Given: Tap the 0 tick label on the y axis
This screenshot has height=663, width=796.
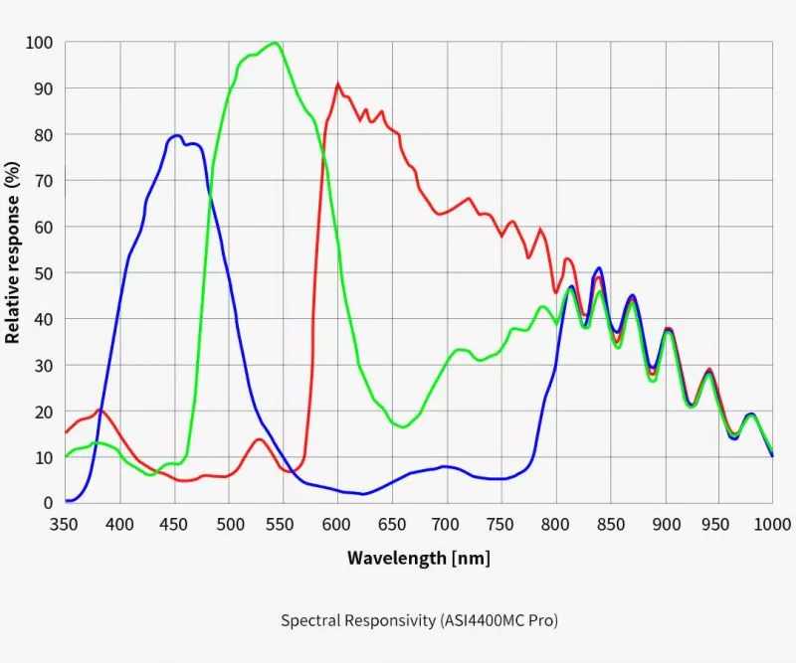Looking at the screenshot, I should pyautogui.click(x=48, y=503).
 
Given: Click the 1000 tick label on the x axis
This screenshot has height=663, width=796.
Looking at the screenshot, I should pyautogui.click(x=772, y=523).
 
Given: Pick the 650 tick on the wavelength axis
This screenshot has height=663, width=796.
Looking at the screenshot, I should pyautogui.click(x=392, y=523).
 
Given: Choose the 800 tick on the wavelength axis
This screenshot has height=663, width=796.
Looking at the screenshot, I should pyautogui.click(x=555, y=523).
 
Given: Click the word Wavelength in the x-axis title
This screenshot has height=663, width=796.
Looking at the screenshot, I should pyautogui.click(x=397, y=558).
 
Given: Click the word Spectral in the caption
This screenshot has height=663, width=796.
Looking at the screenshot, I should pyautogui.click(x=308, y=620).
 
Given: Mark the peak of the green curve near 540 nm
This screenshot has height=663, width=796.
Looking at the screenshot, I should pyautogui.click(x=274, y=43).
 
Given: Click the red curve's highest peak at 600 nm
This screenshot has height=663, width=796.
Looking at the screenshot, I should pyautogui.click(x=338, y=83).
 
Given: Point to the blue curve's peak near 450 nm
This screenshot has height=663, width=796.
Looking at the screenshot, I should pyautogui.click(x=176, y=135).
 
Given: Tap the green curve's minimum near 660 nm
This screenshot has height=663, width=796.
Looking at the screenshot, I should pyautogui.click(x=402, y=427).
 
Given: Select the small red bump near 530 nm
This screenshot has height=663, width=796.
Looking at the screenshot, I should pyautogui.click(x=259, y=438).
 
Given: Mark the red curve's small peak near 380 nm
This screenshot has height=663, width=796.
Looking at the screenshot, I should pyautogui.click(x=99, y=409).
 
